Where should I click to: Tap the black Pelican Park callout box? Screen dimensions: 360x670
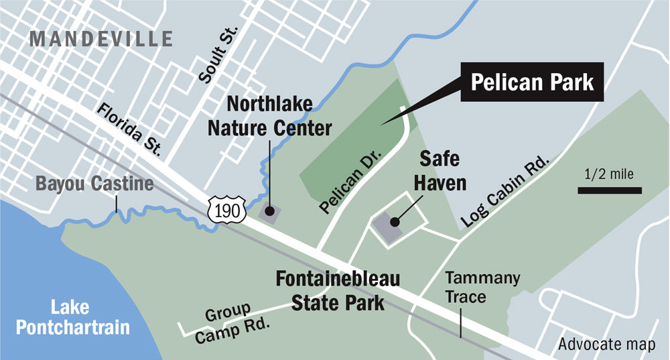point(533,83)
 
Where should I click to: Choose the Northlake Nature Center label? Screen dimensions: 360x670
point(279,115)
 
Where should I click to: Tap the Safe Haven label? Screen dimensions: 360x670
point(440,170)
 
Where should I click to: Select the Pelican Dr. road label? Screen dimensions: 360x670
point(351,182)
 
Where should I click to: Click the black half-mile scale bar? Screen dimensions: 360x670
point(610,191)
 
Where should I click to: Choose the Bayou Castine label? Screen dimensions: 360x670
point(94,183)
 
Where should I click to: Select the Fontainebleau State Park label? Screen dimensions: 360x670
point(338,290)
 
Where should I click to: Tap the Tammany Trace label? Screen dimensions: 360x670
point(473,287)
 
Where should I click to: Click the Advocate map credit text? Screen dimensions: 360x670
point(606,345)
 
